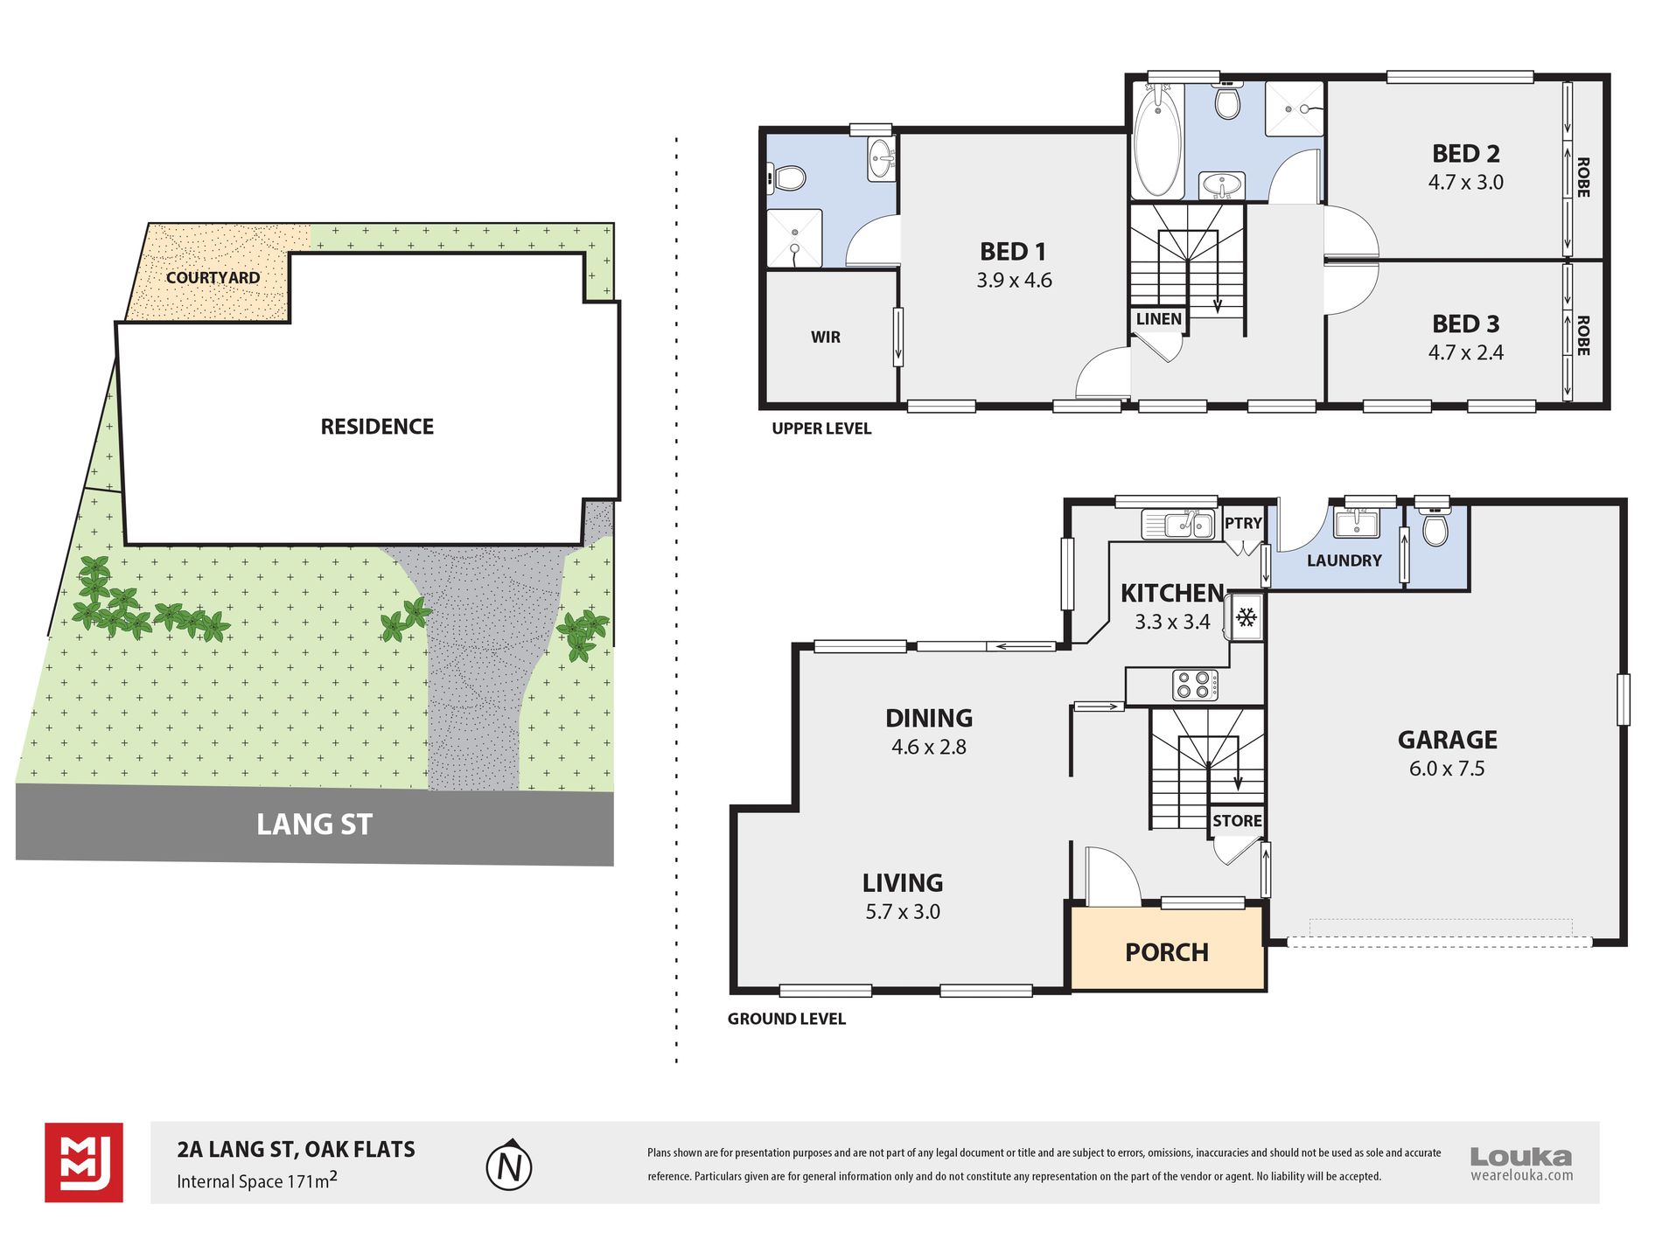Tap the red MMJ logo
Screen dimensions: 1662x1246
[84, 1162]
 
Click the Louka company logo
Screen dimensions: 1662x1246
[1521, 1164]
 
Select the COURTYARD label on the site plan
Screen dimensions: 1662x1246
[213, 277]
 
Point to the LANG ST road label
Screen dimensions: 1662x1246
[314, 824]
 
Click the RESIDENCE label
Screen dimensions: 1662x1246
[377, 426]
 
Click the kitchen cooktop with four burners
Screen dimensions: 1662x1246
[1195, 685]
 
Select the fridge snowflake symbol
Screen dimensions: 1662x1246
[1246, 617]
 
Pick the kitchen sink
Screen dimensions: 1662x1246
[1177, 524]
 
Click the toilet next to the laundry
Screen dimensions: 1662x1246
[1434, 525]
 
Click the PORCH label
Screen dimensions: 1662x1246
[1167, 952]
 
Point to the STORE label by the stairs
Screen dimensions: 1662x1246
[1237, 820]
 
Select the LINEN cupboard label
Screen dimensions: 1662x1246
[1159, 319]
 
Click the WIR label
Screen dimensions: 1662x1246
[826, 337]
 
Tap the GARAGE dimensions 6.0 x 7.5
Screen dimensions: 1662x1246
[1447, 769]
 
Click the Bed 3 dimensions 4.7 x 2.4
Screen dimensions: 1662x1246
[1466, 352]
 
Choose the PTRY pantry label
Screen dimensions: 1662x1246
[1243, 523]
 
